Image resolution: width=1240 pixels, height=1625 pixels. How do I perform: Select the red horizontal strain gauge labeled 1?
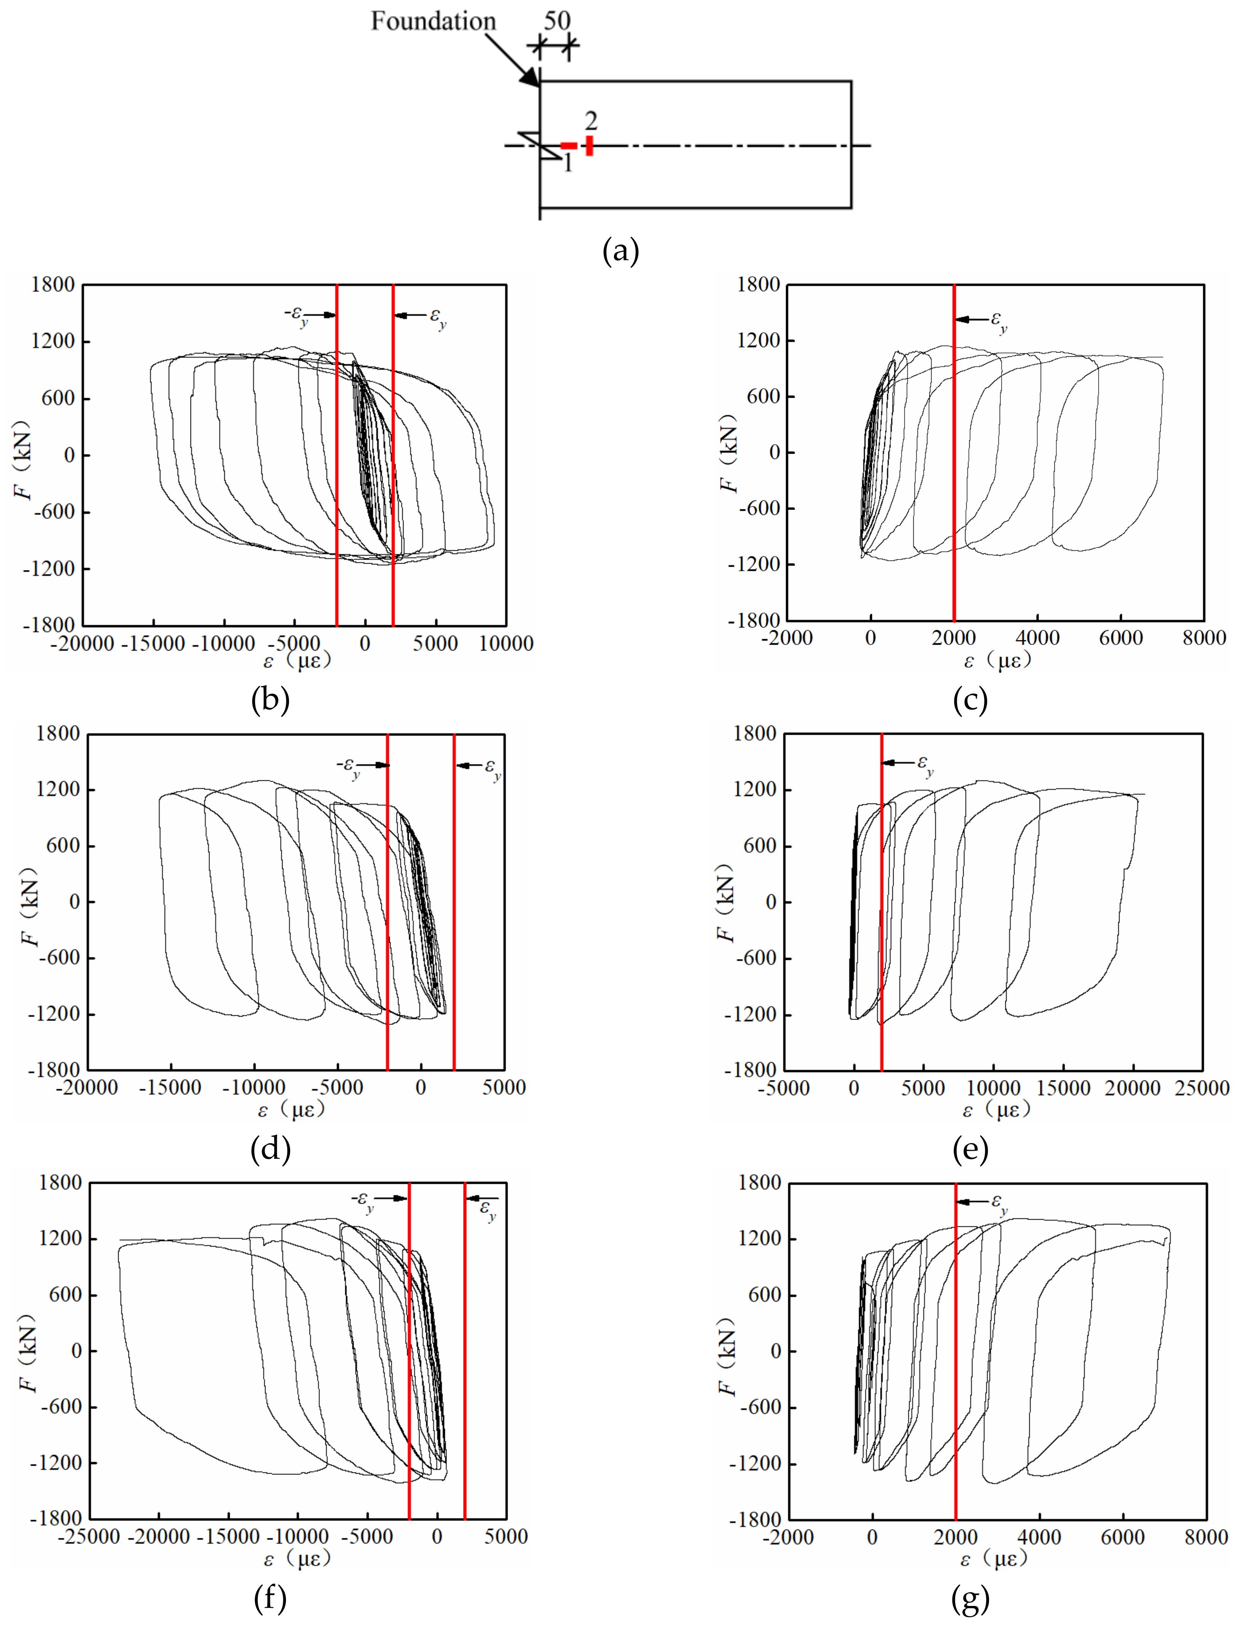coord(568,146)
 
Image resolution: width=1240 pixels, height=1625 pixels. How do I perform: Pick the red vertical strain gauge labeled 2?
coord(589,145)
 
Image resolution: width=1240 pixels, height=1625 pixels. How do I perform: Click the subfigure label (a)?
coord(620,252)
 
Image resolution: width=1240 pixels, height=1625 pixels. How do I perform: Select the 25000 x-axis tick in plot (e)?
coord(1202,1088)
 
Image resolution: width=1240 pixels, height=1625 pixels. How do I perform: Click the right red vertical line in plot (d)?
coord(454,900)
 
